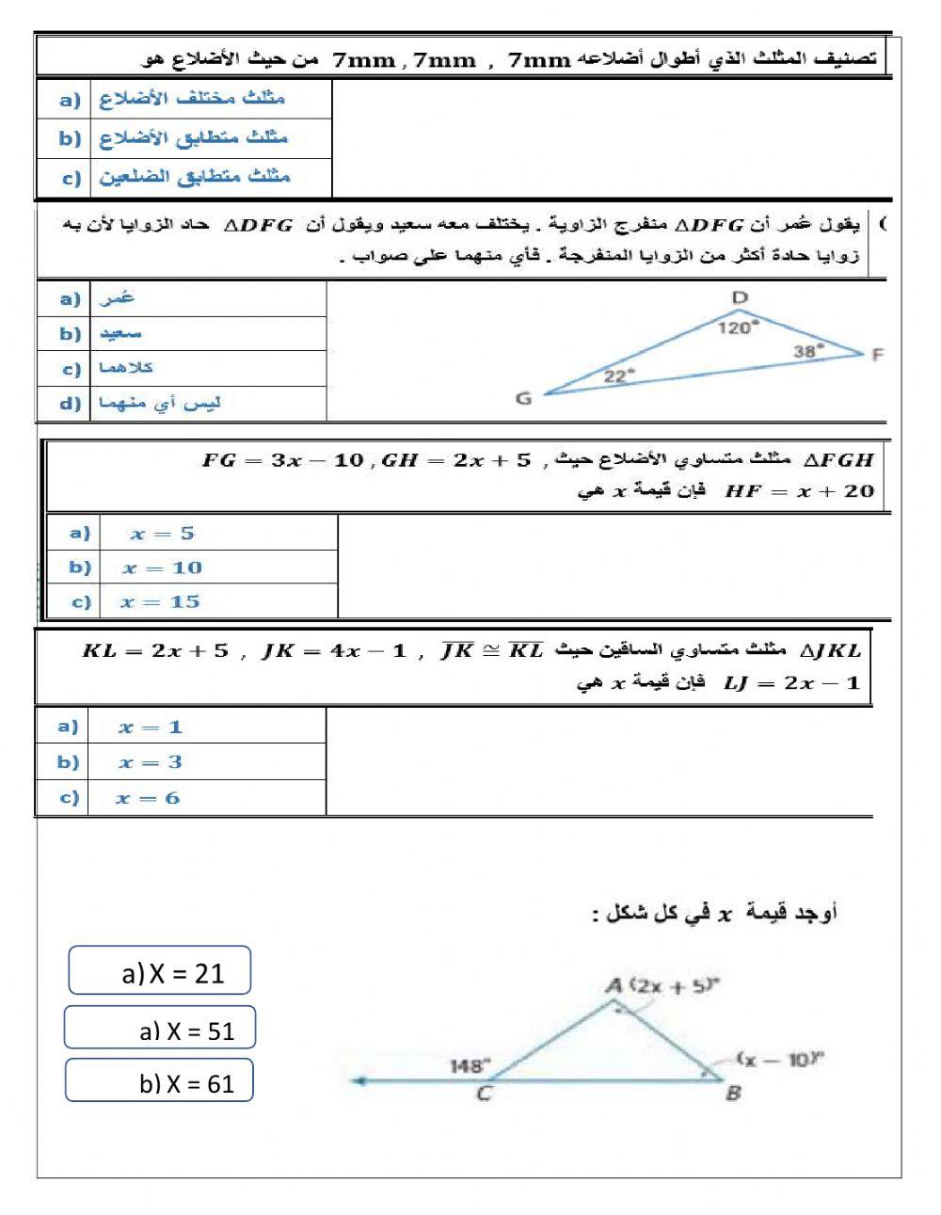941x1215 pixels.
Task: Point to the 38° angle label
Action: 807,350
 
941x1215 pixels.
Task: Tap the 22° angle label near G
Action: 618,376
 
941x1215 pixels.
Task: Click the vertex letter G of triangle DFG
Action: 524,398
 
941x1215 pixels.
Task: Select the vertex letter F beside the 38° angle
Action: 877,355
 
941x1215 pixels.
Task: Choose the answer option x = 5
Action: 162,534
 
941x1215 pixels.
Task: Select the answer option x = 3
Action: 151,762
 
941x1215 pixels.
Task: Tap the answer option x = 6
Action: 148,798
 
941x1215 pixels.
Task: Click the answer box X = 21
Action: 160,971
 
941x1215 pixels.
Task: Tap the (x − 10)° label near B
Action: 780,1059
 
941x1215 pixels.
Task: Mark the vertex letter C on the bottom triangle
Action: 484,1095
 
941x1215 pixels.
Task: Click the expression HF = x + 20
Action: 799,490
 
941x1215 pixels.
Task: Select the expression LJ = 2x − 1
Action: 791,682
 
